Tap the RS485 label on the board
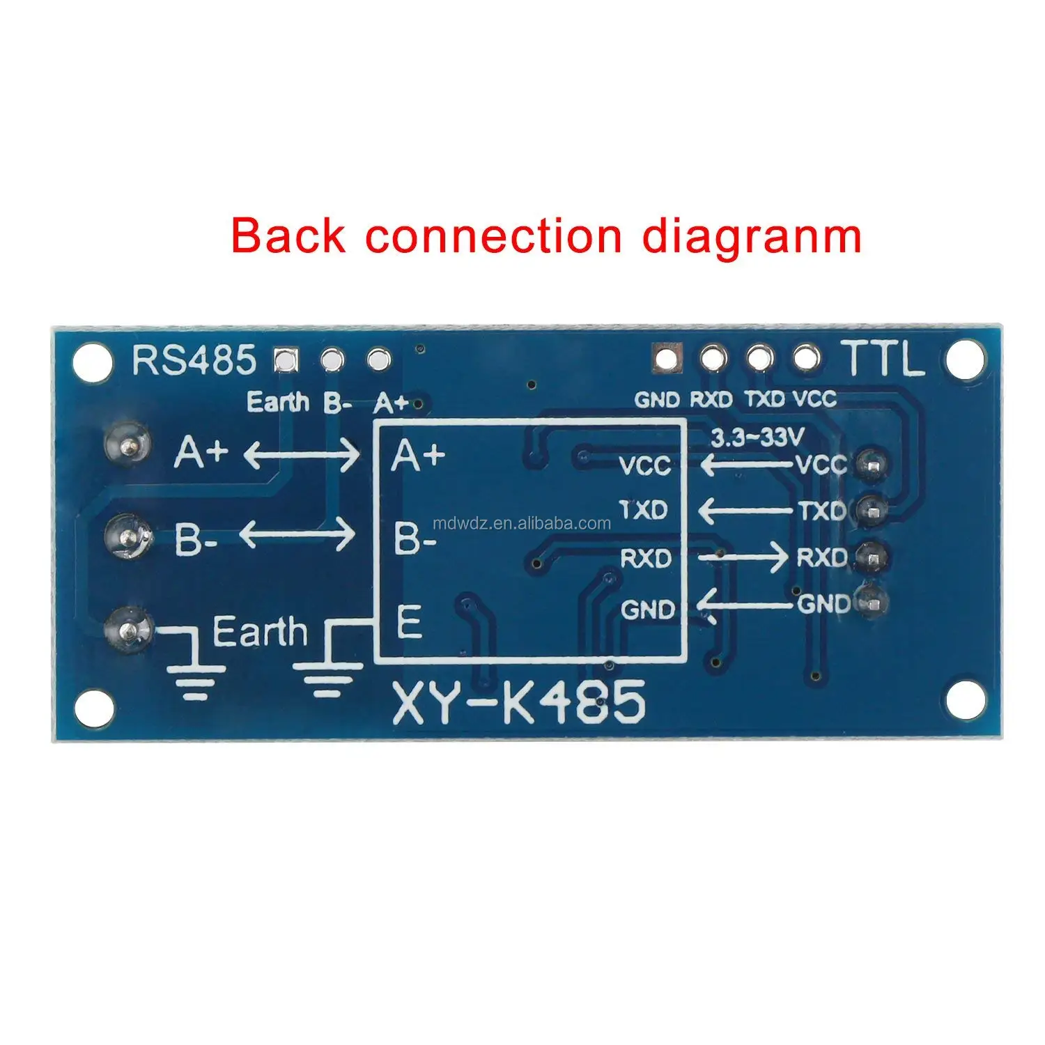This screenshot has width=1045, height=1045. [x=194, y=361]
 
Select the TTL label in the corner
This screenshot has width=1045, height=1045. [x=884, y=359]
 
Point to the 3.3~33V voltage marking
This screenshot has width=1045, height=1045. [x=757, y=438]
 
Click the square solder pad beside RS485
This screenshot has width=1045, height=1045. [x=286, y=359]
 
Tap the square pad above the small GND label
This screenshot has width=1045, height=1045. [x=665, y=358]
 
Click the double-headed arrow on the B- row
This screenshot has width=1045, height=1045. [x=297, y=535]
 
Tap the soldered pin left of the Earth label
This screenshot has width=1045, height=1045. [x=127, y=629]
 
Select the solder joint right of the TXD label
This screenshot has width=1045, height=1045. [x=871, y=511]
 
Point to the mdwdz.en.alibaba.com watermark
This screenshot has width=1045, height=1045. [x=521, y=524]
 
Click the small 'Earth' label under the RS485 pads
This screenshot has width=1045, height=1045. [x=278, y=402]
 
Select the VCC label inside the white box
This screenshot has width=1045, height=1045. [x=644, y=465]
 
